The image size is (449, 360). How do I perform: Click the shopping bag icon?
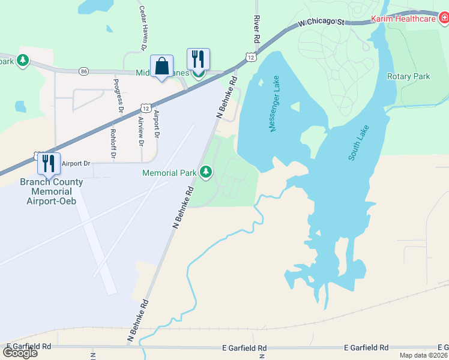[162, 66]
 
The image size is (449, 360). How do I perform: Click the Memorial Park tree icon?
[206, 173]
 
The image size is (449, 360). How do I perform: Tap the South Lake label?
[358, 143]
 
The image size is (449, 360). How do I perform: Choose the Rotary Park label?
[408, 76]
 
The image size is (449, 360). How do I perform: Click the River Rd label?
[257, 29]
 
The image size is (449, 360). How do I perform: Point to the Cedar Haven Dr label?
[143, 28]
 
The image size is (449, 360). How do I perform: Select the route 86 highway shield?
[83, 71]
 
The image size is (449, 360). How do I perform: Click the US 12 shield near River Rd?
[250, 56]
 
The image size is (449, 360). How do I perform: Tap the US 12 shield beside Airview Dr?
[146, 107]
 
